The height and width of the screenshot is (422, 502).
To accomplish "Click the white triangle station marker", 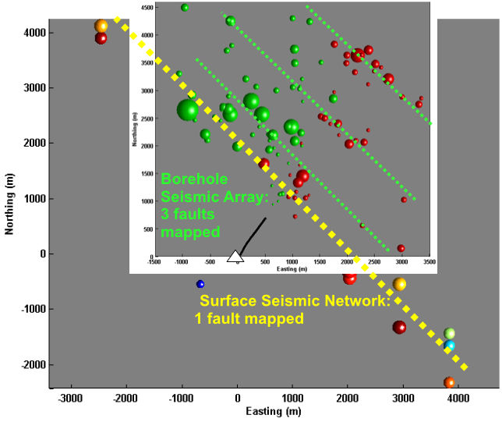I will click(235, 256).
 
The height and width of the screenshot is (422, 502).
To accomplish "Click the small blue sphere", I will click(200, 284).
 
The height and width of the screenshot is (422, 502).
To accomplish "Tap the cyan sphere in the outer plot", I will click(448, 345).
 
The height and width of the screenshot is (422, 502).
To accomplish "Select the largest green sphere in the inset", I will click(188, 110).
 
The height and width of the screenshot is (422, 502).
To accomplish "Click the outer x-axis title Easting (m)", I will click(260, 412).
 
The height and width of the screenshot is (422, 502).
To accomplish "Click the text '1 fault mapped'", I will click(248, 319).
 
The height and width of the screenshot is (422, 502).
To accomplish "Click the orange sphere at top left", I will click(101, 26).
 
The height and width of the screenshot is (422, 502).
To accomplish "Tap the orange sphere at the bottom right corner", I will click(449, 382).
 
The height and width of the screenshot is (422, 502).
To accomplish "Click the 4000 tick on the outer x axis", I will click(458, 396).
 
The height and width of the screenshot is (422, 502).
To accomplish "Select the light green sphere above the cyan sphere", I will click(450, 333).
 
